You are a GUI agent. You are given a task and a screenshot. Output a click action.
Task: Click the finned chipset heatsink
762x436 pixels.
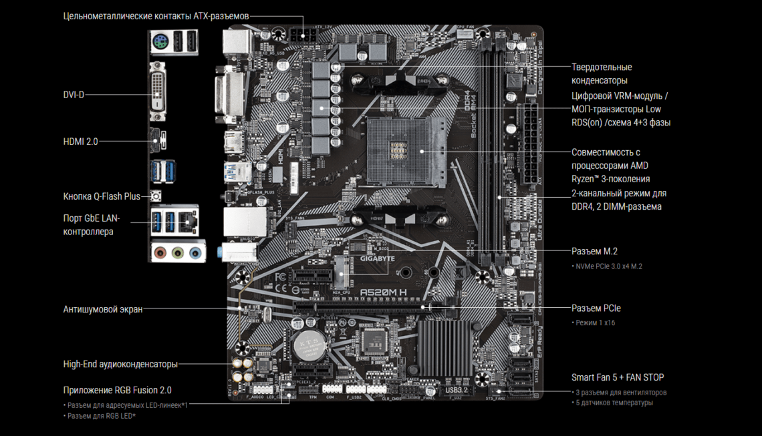pyautogui.click(x=443, y=345)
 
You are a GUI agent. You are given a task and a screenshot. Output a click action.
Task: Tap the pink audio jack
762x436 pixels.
pyautogui.click(x=160, y=253)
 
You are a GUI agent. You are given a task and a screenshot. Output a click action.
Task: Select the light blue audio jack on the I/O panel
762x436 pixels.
pyautogui.click(x=194, y=253)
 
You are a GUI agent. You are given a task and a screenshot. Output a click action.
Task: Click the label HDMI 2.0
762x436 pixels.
pyautogui.click(x=80, y=141)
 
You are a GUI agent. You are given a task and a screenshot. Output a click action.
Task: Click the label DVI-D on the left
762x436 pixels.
pyautogui.click(x=74, y=95)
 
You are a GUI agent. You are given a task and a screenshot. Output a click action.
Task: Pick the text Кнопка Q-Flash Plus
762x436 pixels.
pyautogui.click(x=102, y=196)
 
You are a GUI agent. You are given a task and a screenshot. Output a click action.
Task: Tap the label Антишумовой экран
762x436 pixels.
pyautogui.click(x=103, y=309)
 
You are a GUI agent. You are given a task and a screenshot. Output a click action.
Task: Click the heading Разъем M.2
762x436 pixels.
pyautogui.click(x=594, y=251)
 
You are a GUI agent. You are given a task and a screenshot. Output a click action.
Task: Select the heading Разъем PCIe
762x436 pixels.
pyautogui.click(x=596, y=308)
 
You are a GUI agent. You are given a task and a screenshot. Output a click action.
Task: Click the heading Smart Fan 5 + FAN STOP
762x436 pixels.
pyautogui.click(x=618, y=377)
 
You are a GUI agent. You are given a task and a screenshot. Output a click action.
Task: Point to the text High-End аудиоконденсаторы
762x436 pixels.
pyautogui.click(x=120, y=364)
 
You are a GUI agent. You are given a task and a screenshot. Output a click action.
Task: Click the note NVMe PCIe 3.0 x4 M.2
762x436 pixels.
pyautogui.click(x=607, y=266)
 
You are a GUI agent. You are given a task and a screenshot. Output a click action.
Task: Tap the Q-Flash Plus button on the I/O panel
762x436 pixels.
pyautogui.click(x=156, y=196)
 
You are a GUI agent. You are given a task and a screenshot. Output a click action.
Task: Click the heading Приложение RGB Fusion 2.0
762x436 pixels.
pyautogui.click(x=118, y=390)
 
